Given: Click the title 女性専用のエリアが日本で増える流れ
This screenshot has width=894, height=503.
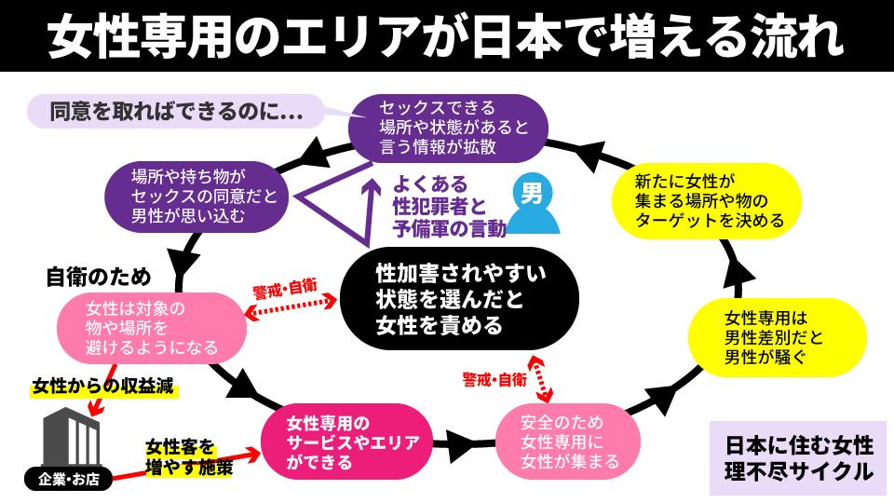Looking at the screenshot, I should [446, 35].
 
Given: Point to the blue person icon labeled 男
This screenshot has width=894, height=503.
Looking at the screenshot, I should [533, 207].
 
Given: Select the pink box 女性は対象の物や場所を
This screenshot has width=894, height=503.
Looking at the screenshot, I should [151, 328].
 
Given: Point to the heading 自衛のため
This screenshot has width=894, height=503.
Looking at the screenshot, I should [98, 277].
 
